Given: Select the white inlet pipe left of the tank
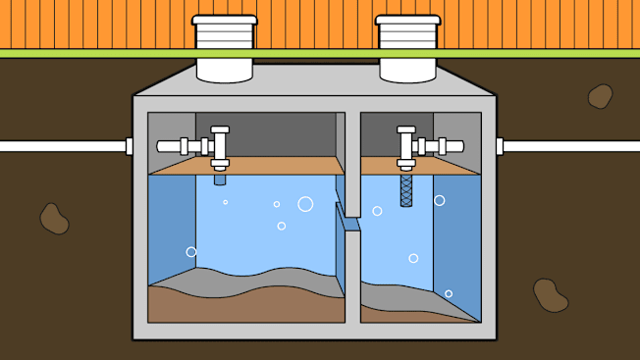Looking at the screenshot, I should tap(59, 146).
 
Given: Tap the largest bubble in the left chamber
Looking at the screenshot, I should tap(305, 204).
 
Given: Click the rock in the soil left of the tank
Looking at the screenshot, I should tap(54, 218).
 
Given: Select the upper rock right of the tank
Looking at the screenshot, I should tap(600, 95).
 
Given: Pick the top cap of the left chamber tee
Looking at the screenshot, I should tap(220, 129).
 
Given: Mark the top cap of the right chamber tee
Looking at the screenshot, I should tap(405, 129).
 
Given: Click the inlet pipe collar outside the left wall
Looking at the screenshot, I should tap(129, 146).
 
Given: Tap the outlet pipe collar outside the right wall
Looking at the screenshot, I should tap(500, 146).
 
